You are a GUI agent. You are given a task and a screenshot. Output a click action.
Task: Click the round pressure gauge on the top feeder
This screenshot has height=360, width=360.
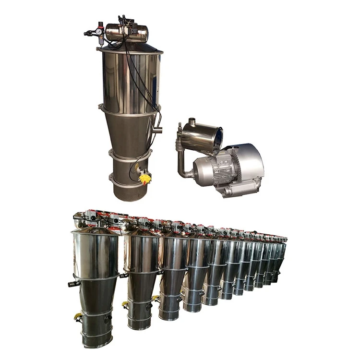(99, 31)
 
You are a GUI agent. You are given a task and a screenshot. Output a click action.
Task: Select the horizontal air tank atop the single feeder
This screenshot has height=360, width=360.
(127, 33)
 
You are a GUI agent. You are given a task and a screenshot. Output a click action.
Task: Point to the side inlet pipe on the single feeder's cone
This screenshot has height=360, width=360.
(157, 130)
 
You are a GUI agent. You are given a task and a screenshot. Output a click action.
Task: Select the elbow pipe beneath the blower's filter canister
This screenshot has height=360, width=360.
(182, 166)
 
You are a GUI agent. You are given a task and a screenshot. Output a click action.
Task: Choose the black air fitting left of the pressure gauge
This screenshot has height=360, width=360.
(89, 34)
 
